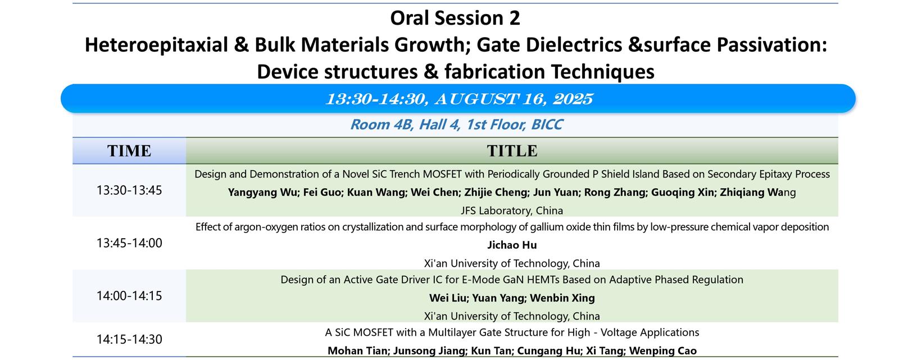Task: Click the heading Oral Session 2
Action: [455, 18]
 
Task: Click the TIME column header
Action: [129, 151]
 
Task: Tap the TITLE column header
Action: [512, 151]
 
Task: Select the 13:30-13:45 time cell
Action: [129, 190]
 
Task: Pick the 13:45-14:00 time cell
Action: [129, 243]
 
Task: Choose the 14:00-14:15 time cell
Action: [129, 296]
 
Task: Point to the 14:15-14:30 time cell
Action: [129, 340]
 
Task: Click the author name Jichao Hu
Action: [512, 245]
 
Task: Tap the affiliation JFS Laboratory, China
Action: [512, 210]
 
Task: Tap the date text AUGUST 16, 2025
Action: [514, 99]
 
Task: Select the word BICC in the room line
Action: [547, 125]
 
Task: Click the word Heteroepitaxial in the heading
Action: [157, 44]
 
